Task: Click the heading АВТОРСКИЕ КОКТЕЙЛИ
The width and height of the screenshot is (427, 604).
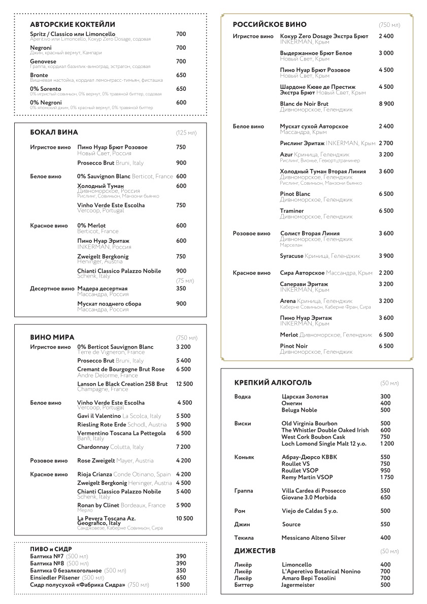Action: pyautogui.click(x=73, y=24)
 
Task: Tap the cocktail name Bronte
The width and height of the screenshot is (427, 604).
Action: pyautogui.click(x=39, y=75)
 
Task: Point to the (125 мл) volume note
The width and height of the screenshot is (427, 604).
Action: pyautogui.click(x=186, y=133)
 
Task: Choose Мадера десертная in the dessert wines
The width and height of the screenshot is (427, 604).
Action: pyautogui.click(x=103, y=288)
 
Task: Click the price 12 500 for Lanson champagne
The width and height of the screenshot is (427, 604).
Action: pyautogui.click(x=184, y=384)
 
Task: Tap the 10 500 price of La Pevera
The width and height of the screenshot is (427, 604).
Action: pyautogui.click(x=184, y=518)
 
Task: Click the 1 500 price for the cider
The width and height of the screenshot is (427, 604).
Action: pyautogui.click(x=183, y=585)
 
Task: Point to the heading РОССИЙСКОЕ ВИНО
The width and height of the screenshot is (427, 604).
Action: pyautogui.click(x=270, y=24)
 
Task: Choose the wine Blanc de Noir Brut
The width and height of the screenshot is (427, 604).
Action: pyautogui.click(x=304, y=104)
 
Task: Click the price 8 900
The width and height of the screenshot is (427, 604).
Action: pyautogui.click(x=386, y=104)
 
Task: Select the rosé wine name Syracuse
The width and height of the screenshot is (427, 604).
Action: pyautogui.click(x=291, y=256)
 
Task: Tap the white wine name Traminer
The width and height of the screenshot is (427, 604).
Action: pyautogui.click(x=292, y=211)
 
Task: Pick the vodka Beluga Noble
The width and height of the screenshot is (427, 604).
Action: pyautogui.click(x=299, y=410)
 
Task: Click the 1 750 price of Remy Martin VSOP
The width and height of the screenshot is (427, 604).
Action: pyautogui.click(x=386, y=478)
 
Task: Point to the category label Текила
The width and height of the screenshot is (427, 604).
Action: pyautogui.click(x=244, y=538)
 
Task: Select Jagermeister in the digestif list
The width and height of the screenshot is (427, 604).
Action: pyautogui.click(x=298, y=585)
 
